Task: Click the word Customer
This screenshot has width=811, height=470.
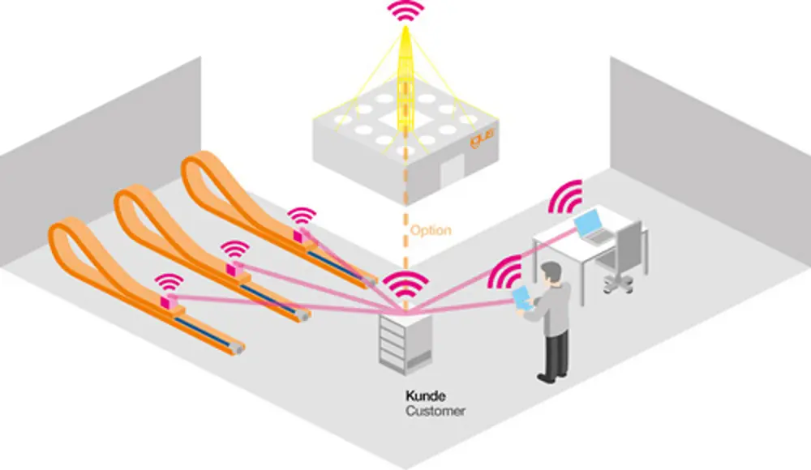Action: click(436, 412)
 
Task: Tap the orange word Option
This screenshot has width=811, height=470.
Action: click(431, 230)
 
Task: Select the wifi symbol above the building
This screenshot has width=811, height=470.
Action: click(405, 11)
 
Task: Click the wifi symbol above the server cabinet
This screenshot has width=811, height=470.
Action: click(405, 284)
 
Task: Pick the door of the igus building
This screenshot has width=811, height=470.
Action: click(453, 167)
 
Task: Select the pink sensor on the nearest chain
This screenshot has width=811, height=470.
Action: click(171, 303)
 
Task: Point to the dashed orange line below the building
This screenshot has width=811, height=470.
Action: click(403, 243)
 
